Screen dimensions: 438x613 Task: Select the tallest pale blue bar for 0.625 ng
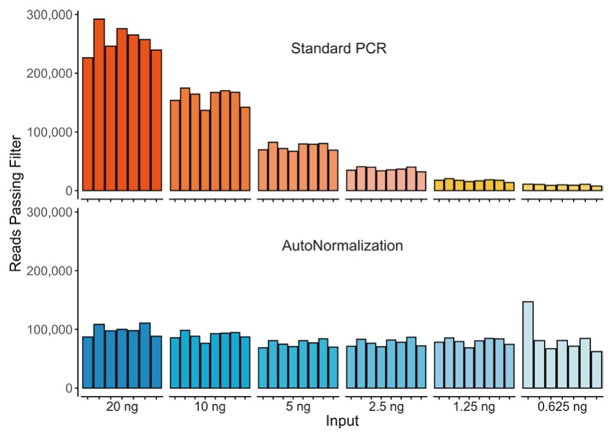tap(528, 345)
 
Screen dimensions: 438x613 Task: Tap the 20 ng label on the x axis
tap(122, 407)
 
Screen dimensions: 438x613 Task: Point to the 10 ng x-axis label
tap(210, 407)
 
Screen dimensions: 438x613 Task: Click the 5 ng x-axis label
tap(297, 407)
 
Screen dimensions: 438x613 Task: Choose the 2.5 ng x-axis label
tap(386, 407)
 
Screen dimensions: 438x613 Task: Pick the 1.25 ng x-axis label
tap(474, 407)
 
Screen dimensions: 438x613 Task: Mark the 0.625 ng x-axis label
tap(562, 407)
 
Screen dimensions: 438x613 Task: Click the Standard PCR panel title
tap(339, 49)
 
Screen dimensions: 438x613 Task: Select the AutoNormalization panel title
tap(343, 245)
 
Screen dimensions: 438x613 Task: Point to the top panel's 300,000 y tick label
tap(50, 14)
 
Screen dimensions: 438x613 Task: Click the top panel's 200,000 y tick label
tap(50, 73)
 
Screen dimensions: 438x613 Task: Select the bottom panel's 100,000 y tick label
tap(50, 330)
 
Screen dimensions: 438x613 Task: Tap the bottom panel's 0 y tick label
tap(69, 388)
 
